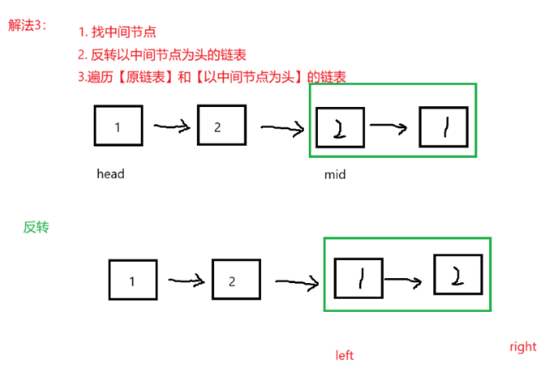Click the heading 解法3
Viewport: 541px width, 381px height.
click(x=27, y=25)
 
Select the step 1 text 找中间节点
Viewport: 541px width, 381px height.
click(x=117, y=32)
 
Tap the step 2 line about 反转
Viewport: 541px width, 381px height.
click(x=162, y=55)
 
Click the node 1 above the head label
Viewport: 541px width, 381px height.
click(x=118, y=127)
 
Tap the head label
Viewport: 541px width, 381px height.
click(x=110, y=173)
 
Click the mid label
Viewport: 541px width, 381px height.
click(x=334, y=174)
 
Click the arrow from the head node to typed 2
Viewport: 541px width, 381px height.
click(x=171, y=126)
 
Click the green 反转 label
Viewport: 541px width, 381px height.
click(x=36, y=227)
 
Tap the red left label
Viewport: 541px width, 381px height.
click(x=345, y=355)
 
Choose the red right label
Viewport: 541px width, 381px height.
click(x=522, y=347)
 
